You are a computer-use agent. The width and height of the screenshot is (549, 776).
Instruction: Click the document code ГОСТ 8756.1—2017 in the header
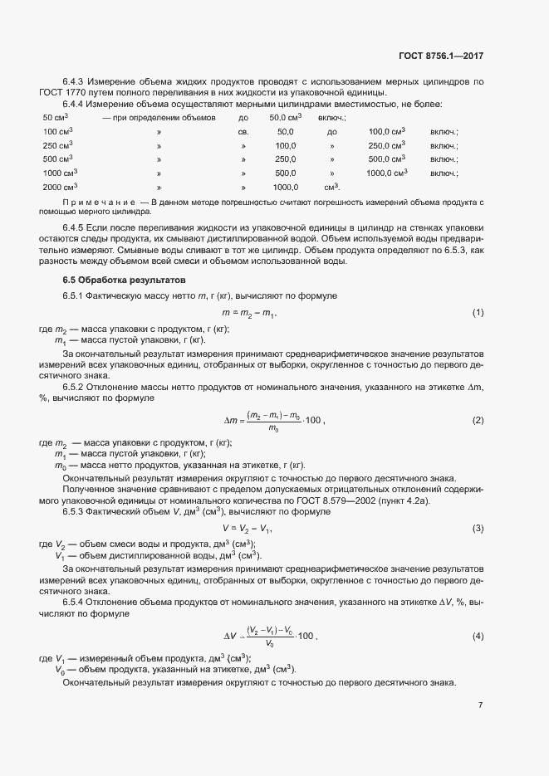440,56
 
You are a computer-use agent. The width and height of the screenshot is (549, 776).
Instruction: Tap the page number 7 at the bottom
481,705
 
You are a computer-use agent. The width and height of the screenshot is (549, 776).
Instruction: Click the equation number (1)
478,312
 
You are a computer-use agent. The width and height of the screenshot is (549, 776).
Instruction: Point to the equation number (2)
478,420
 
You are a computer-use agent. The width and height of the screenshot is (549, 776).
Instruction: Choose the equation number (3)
478,528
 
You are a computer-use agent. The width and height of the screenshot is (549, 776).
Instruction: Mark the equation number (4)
478,636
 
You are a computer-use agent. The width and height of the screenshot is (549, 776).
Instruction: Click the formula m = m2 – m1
249,313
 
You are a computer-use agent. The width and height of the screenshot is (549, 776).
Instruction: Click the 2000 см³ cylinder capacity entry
59,188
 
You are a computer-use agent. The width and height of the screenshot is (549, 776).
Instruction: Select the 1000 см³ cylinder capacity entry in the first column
59,173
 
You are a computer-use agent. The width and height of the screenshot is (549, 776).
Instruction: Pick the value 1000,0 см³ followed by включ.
387,173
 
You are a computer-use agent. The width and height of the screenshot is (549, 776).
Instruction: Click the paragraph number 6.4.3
73,81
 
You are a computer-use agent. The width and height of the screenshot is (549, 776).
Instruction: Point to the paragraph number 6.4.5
73,227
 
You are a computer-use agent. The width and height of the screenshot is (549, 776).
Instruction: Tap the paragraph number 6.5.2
73,387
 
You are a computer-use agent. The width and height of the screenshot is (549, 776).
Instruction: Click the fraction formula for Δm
273,421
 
